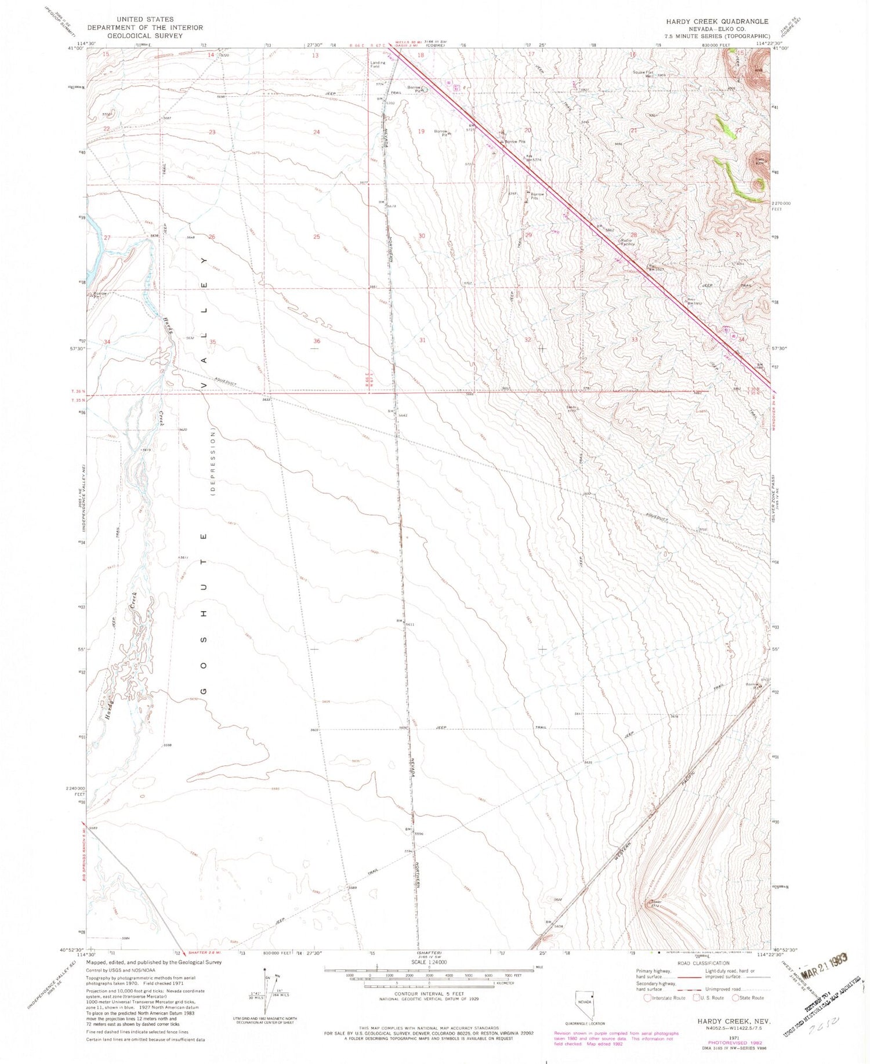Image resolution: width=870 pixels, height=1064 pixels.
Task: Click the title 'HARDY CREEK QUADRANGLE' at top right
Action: point(717,21)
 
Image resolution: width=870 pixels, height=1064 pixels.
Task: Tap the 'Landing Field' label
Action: point(378,64)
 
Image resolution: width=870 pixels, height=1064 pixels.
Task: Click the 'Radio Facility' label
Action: point(628,242)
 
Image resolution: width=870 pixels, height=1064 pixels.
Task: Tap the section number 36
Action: point(317,341)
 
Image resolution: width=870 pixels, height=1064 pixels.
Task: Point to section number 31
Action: point(422,340)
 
